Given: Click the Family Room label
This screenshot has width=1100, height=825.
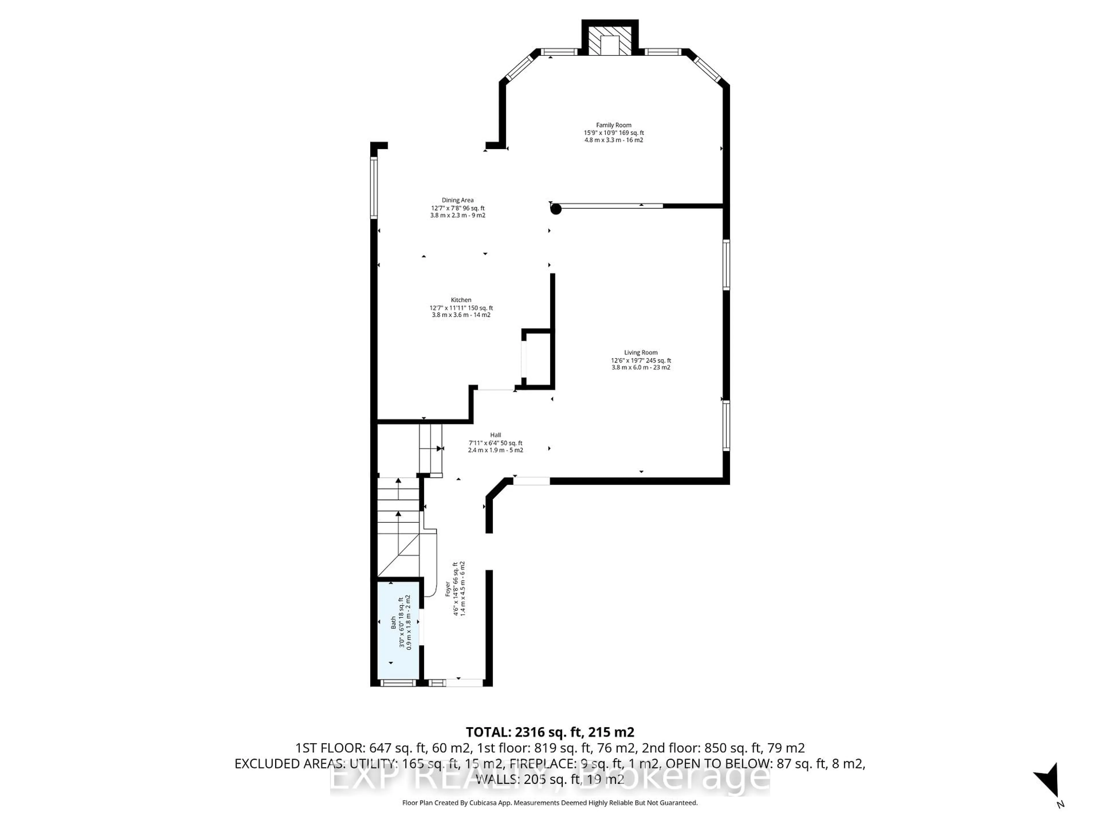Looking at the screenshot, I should pos(614,125).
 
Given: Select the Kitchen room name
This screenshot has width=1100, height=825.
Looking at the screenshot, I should pos(461,300).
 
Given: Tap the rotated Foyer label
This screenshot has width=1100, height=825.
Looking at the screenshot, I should pos(447,589).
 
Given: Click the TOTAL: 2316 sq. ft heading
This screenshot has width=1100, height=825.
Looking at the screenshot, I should pos(549,732).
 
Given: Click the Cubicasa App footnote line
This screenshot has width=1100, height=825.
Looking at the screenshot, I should pos(549,803).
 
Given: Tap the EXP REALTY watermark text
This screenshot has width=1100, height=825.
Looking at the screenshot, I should pos(549,778).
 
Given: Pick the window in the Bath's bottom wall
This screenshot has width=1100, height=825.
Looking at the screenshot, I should pos(398,683).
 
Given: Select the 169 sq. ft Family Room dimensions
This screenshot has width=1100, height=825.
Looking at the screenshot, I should pos(614,133).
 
